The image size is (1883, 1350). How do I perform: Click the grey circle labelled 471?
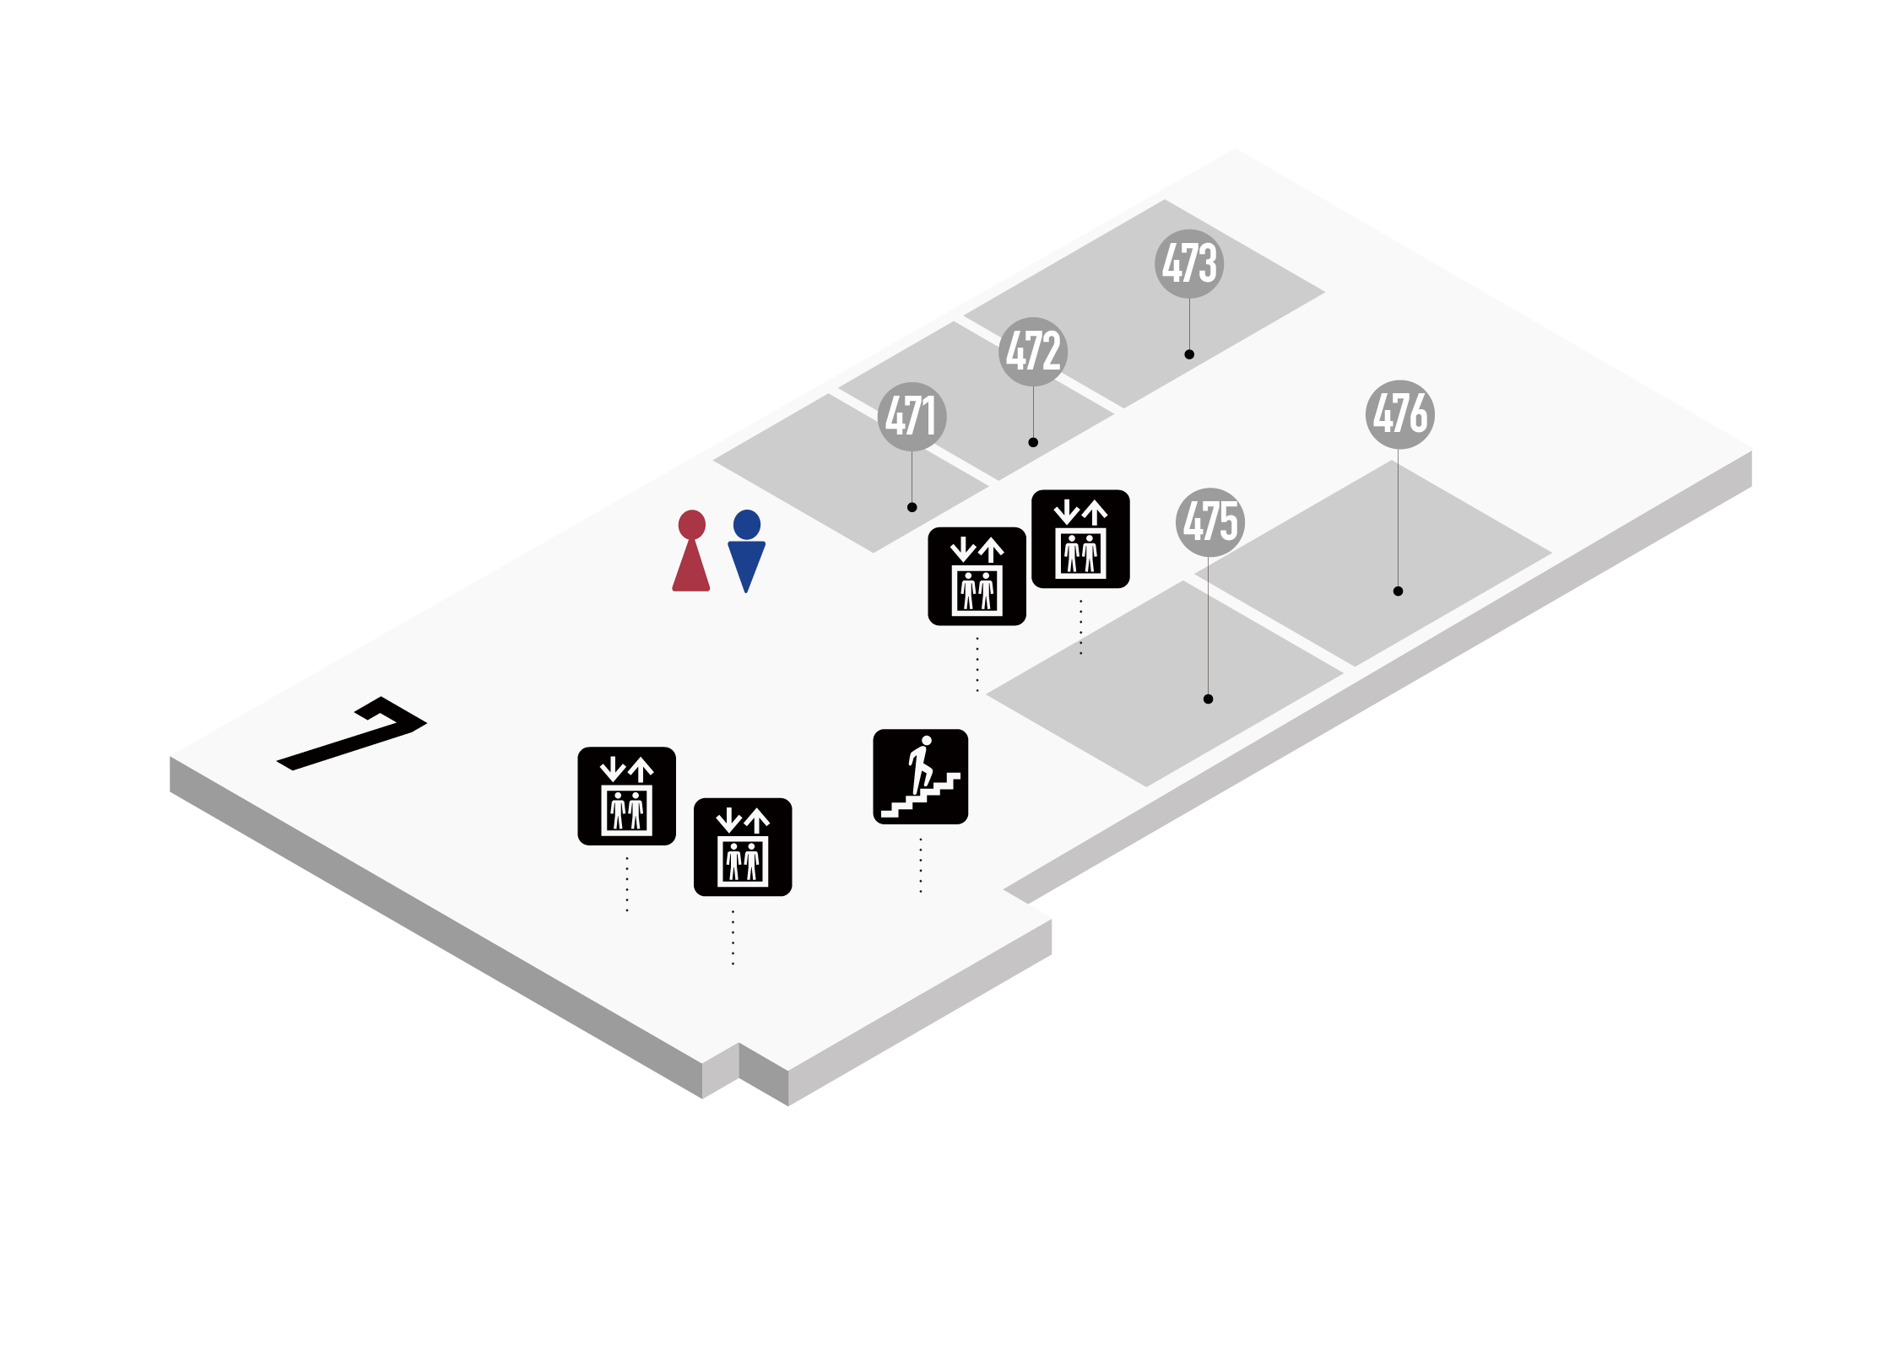[912, 417]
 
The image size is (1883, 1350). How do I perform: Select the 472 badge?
[1033, 352]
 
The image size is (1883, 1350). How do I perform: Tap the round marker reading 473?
[1189, 264]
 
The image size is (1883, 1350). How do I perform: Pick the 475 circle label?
[1210, 522]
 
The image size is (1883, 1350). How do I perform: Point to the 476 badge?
[1400, 414]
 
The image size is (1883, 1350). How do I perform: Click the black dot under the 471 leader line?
[912, 507]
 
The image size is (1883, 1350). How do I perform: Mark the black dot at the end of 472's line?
[1033, 442]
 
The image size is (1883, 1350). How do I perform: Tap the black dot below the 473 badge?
[1189, 354]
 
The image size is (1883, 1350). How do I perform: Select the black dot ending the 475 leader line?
[1208, 699]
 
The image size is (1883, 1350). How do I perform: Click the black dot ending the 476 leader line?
[1398, 591]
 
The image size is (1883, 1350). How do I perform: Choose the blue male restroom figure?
[746, 553]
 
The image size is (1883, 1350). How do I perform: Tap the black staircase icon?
[920, 776]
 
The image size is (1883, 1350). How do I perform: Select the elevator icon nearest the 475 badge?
[1080, 538]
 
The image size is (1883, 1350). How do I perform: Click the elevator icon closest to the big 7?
[626, 796]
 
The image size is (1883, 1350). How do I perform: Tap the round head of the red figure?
[691, 524]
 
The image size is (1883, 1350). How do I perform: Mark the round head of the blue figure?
[747, 524]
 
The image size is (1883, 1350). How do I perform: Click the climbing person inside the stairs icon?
[921, 764]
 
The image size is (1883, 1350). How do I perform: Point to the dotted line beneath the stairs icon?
[920, 865]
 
